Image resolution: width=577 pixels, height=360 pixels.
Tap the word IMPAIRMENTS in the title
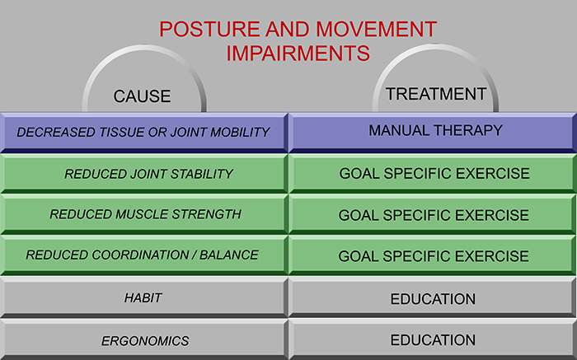click(298, 54)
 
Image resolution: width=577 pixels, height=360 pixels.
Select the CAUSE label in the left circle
click(142, 96)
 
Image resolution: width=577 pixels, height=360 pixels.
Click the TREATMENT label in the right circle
click(436, 94)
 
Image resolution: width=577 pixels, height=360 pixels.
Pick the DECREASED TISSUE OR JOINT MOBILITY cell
click(144, 133)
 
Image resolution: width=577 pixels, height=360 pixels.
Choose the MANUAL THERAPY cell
click(433, 133)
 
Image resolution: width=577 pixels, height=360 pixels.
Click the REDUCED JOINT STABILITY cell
click(144, 174)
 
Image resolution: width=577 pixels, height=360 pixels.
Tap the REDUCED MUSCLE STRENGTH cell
click(144, 214)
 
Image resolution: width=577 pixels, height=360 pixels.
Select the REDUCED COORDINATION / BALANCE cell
click(144, 255)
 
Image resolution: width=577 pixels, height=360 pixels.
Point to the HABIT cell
click(144, 297)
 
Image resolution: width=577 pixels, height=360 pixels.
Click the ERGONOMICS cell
click(144, 339)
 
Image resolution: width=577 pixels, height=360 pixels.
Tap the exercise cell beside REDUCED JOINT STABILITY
click(433, 174)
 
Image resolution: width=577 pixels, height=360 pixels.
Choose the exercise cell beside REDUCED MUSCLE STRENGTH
click(433, 214)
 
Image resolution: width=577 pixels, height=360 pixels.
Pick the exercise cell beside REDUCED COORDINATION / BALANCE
click(433, 255)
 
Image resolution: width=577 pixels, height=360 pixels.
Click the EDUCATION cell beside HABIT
click(433, 297)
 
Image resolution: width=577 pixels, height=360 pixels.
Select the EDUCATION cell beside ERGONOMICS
click(433, 339)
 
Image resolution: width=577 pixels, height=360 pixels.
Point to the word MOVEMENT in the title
click(377, 29)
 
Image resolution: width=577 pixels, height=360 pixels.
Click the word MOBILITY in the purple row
click(240, 133)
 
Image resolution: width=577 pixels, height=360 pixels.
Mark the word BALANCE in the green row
click(229, 255)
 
